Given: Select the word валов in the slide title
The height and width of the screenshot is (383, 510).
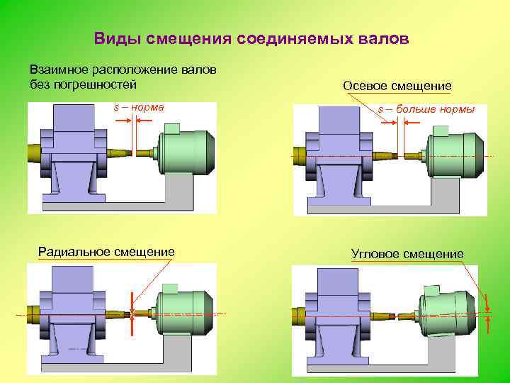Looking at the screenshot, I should tap(384, 38).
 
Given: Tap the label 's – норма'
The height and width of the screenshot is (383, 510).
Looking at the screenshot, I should tap(139, 108).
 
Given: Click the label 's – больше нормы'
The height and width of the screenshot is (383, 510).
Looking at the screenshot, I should tap(426, 110).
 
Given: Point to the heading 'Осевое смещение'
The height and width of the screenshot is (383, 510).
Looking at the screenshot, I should tap(397, 86).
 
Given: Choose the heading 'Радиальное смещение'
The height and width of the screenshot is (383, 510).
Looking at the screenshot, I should tap(106, 251).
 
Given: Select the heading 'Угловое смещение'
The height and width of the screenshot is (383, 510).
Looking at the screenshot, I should tap(407, 254).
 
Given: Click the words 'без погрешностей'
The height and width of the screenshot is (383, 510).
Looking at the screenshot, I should tap(82, 84).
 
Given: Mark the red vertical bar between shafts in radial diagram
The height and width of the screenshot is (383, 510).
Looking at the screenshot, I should tap(132, 313).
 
